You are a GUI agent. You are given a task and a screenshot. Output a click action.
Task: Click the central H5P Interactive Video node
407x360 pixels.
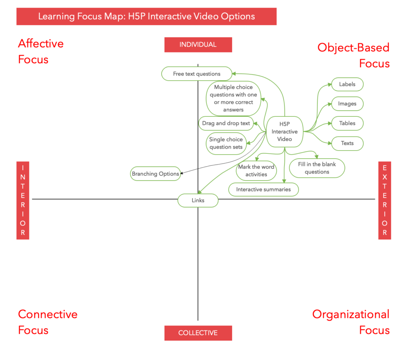click(285, 132)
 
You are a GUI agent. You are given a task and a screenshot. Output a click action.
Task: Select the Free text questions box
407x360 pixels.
click(197, 74)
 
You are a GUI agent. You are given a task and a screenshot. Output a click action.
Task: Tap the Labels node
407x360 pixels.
click(347, 84)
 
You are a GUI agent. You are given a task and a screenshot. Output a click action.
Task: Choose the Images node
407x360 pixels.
click(347, 104)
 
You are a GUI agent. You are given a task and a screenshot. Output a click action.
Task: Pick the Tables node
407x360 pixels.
click(347, 123)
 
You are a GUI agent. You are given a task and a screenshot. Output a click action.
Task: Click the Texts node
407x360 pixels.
click(347, 143)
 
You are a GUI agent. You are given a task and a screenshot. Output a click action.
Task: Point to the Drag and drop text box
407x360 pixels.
click(226, 123)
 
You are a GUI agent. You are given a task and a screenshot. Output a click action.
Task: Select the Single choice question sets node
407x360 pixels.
click(226, 143)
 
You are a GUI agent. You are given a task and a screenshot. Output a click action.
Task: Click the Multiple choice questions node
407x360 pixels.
click(233, 98)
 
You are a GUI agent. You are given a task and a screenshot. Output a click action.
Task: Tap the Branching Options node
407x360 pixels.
click(155, 174)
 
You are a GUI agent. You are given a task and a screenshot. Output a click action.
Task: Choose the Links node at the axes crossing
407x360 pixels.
click(198, 200)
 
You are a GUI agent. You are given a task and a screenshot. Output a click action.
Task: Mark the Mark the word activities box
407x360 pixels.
click(256, 170)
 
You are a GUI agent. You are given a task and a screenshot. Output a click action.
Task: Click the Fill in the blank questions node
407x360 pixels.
click(317, 168)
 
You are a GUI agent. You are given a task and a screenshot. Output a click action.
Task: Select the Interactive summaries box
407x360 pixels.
click(264, 189)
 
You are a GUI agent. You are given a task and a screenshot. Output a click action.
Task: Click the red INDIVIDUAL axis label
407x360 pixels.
click(198, 45)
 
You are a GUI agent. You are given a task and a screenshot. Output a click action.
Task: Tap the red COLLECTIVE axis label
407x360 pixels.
click(198, 333)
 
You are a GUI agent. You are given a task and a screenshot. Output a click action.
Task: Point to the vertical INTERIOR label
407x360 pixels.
click(23, 200)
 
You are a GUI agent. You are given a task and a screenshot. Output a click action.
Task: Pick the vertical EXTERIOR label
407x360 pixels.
click(384, 200)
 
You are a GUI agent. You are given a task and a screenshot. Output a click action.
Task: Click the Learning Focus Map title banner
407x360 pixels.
click(146, 17)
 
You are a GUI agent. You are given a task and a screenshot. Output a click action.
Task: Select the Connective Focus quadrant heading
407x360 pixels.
click(48, 322)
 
